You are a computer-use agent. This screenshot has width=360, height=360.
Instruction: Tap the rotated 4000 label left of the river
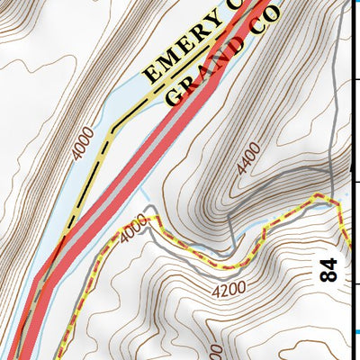coord(82,144)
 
